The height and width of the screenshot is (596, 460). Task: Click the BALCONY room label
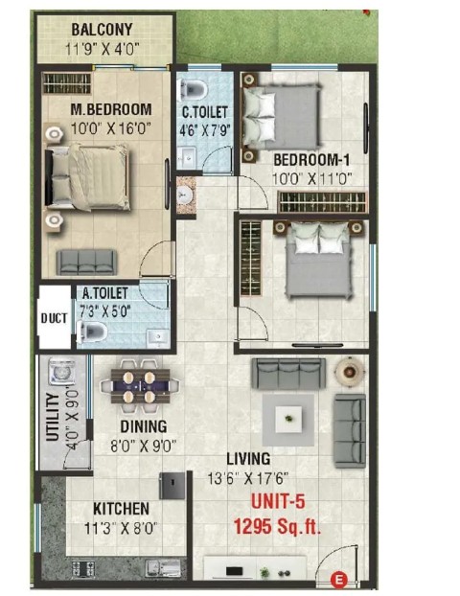point(102,30)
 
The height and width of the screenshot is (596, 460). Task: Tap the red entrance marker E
point(338,581)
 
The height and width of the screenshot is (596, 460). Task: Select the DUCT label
point(54,318)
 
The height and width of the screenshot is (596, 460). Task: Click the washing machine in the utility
point(62,371)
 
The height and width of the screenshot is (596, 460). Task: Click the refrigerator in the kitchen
point(172,486)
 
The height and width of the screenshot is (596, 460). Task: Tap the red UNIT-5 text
point(278,502)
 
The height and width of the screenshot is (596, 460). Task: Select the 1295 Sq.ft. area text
point(277,526)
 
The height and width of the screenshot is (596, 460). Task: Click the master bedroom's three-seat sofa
point(86,262)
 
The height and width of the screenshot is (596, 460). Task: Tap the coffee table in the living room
point(288,419)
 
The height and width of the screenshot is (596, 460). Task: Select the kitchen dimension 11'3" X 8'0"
point(121,528)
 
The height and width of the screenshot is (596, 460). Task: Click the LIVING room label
point(248,459)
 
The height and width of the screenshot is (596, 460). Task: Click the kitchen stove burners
point(82,569)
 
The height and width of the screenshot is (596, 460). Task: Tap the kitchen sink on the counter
point(162,568)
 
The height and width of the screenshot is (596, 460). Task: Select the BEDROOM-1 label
point(311,160)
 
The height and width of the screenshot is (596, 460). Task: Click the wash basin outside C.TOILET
point(186,195)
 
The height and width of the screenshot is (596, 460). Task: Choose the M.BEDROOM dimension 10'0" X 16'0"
point(111,128)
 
